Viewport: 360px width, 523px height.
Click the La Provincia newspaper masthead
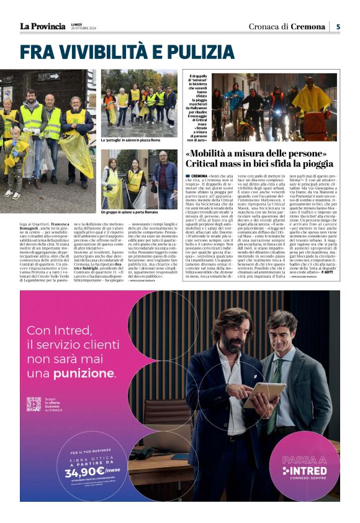pyautogui.click(x=42, y=26)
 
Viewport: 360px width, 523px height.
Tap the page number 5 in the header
pyautogui.click(x=338, y=26)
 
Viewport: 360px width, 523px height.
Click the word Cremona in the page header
pyautogui.click(x=308, y=26)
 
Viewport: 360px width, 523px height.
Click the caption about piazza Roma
pyautogui.click(x=132, y=140)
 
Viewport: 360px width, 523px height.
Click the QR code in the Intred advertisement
pyautogui.click(x=34, y=404)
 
